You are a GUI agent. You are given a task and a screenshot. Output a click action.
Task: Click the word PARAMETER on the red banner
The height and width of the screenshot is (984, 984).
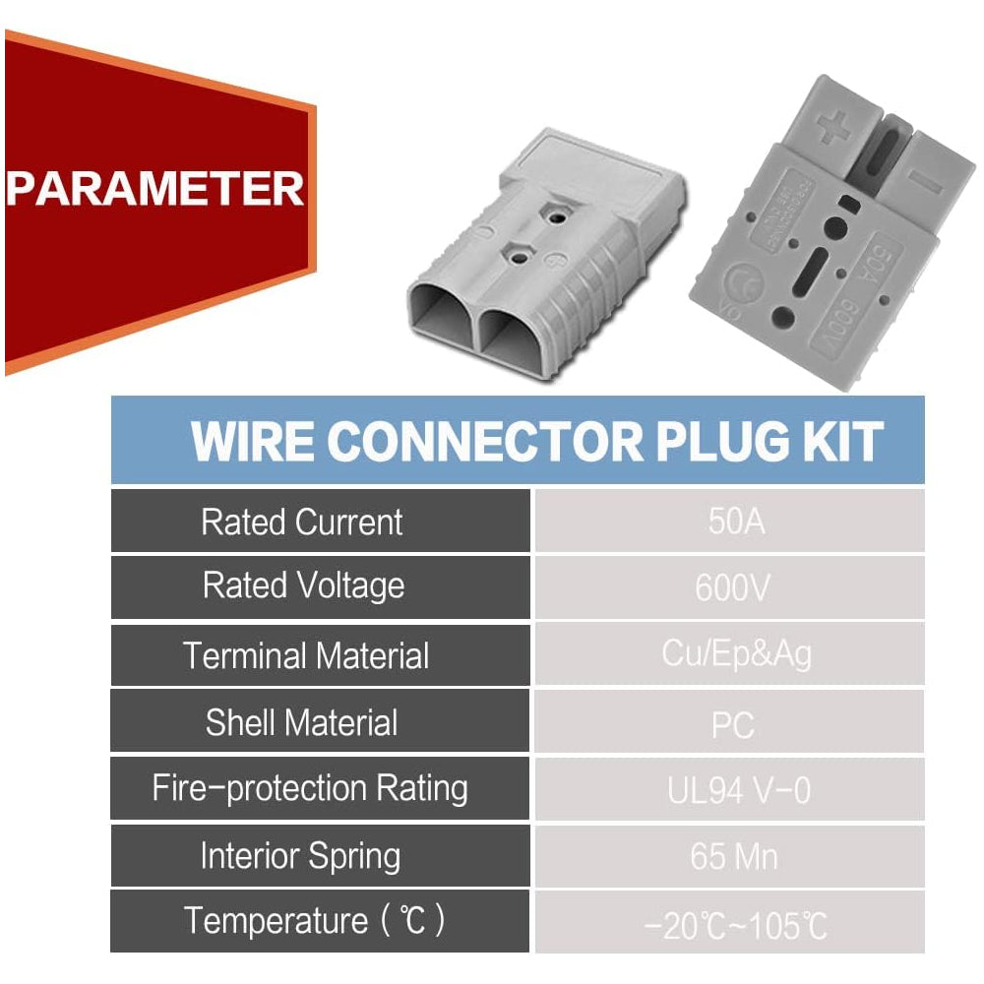pos(154,187)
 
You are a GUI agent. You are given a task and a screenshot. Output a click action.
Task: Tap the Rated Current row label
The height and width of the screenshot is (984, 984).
pos(301,522)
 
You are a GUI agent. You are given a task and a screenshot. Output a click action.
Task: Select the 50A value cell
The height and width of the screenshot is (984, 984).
pos(735,522)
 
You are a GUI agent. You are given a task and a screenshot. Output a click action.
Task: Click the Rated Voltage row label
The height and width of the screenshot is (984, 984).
pos(303,586)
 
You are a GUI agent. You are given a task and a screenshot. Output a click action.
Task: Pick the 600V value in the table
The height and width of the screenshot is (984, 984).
pos(732,588)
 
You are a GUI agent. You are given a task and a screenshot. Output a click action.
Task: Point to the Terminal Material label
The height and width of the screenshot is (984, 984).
pos(306,655)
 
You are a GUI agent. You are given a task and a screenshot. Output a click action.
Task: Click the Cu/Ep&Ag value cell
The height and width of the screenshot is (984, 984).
pos(737,655)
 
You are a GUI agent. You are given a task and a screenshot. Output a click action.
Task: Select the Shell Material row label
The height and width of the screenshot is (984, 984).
pos(301,723)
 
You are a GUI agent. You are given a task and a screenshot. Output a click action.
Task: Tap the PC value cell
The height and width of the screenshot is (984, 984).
pos(733,725)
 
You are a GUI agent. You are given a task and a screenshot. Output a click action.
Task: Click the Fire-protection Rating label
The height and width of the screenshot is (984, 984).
pos(309,788)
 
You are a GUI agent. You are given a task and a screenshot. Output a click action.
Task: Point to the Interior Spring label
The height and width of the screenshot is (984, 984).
pos(300,856)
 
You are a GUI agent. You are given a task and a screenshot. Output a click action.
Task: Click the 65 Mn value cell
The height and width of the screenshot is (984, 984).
pos(734,857)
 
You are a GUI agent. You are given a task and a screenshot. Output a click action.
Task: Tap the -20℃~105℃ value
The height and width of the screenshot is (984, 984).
pos(735,926)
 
